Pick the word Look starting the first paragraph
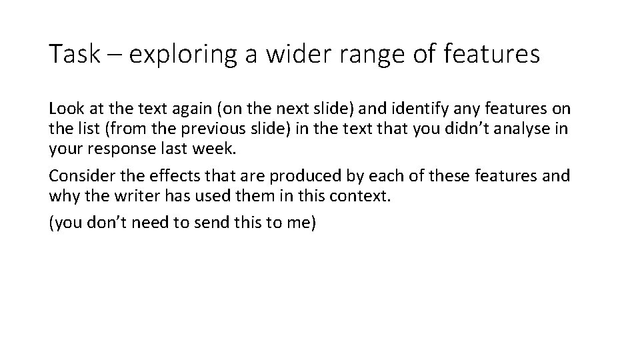65,108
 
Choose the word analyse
517,129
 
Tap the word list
83,129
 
